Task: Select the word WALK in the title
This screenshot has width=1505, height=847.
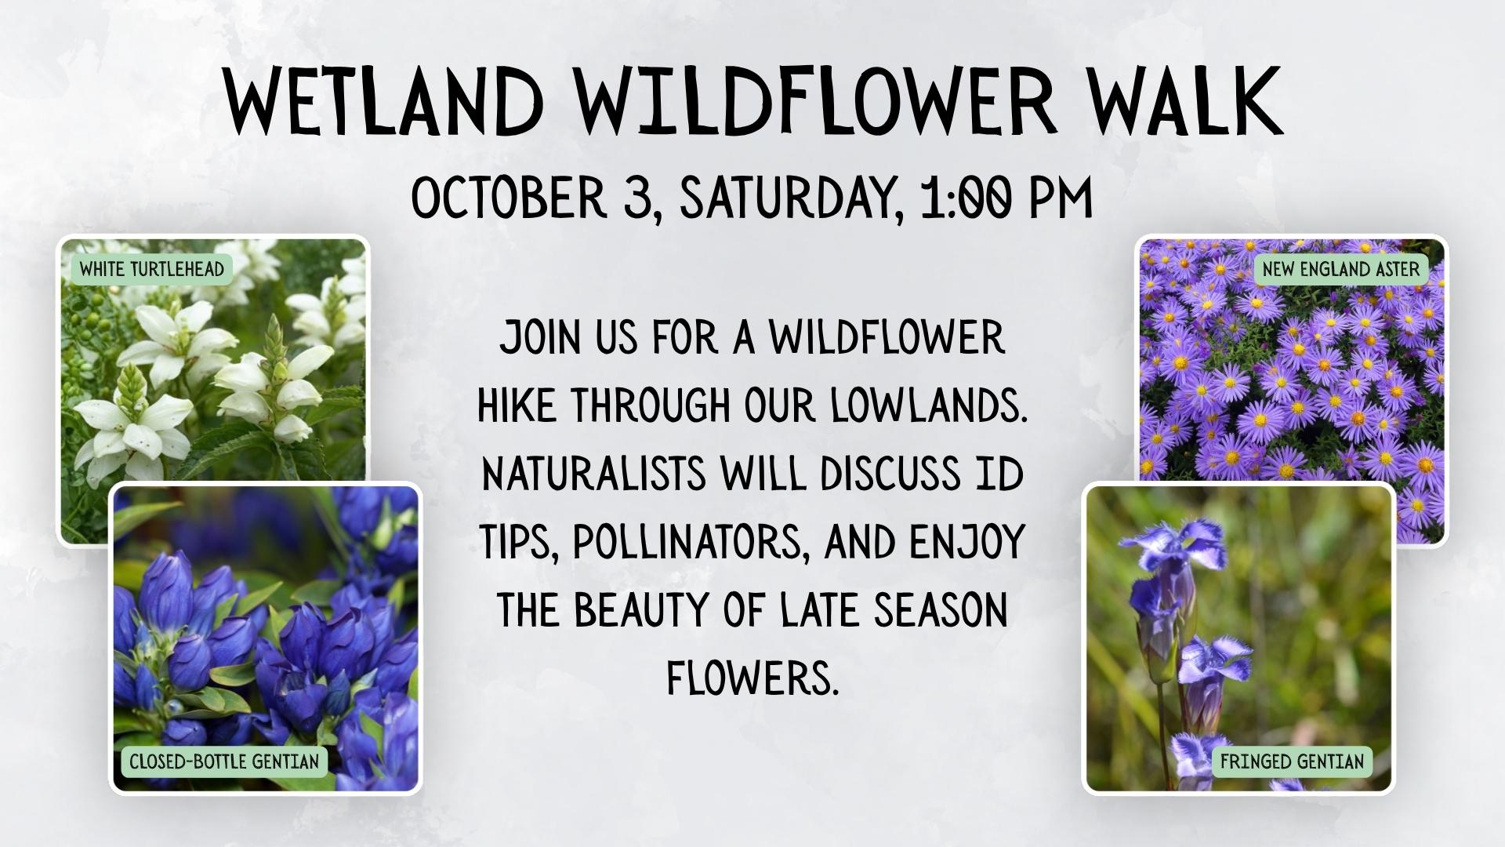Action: click(1184, 103)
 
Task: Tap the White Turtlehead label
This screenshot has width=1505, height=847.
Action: click(152, 270)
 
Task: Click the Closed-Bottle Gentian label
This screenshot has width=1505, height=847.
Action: click(224, 762)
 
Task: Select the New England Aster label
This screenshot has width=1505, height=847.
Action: click(1340, 270)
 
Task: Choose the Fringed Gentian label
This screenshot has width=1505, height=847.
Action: click(1292, 762)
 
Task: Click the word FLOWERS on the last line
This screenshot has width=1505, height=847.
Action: click(752, 677)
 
